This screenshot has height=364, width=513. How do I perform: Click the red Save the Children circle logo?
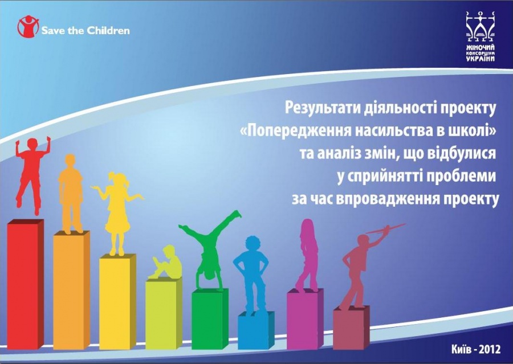tap(28, 26)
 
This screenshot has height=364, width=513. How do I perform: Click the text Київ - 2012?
tap(476, 349)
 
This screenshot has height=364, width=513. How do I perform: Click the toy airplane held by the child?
tap(385, 228)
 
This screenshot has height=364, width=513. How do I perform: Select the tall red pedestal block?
tap(26, 284)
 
